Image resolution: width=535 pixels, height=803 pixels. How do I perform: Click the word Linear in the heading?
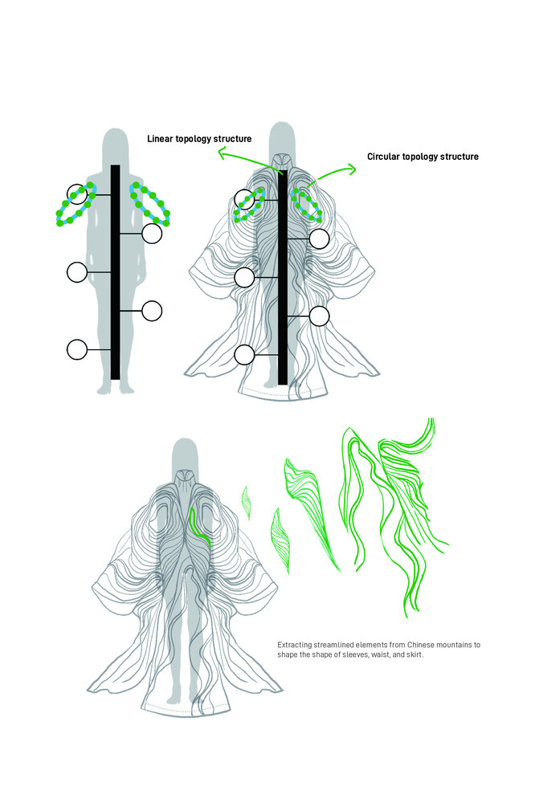[160, 139]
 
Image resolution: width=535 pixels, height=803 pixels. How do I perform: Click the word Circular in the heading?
[383, 157]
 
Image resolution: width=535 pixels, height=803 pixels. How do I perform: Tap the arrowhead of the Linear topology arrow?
[222, 153]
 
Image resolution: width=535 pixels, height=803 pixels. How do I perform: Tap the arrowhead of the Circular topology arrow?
[351, 169]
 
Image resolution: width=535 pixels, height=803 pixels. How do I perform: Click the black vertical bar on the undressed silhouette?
[116, 272]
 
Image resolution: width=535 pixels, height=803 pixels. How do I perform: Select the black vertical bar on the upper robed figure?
[283, 278]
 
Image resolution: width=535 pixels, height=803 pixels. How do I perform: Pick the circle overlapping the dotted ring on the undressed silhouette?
[77, 194]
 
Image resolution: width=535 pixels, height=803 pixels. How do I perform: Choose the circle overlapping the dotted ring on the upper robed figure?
[244, 199]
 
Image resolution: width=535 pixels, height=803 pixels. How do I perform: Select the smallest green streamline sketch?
[247, 503]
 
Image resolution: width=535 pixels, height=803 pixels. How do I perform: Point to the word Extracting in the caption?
[294, 645]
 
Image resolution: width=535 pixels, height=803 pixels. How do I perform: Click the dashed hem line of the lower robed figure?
[186, 706]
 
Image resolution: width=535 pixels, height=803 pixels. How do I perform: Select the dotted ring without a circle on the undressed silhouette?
[150, 203]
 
